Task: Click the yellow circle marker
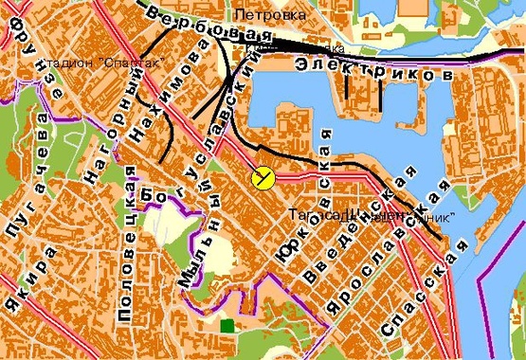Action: [x=263, y=177]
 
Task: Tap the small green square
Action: [x=227, y=326]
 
